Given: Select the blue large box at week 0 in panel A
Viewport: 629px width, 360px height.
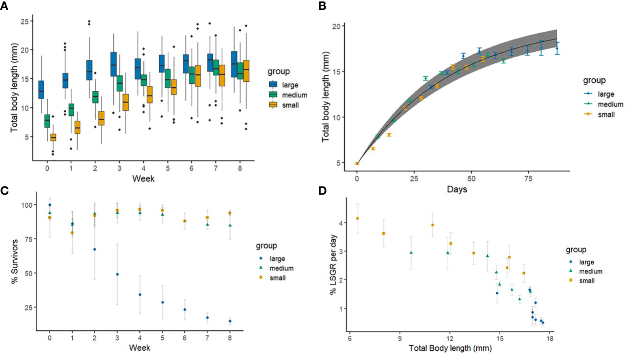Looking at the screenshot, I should [41, 89].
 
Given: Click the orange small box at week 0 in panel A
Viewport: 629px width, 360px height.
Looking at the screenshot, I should [53, 137].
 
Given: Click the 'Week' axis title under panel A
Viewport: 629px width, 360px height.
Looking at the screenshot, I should [143, 178].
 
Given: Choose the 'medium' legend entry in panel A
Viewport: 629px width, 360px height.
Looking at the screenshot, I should [294, 95].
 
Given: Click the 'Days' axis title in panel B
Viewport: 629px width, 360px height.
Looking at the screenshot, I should [457, 189].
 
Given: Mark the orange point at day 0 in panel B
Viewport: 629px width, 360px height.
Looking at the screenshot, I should [357, 163].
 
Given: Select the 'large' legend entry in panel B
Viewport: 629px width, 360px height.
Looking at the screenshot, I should [606, 94].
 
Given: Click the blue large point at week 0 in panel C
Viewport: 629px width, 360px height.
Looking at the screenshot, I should [50, 205].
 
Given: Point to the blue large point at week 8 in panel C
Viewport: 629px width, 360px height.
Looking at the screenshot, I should [230, 321].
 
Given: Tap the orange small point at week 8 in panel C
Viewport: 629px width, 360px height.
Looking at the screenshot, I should [230, 213].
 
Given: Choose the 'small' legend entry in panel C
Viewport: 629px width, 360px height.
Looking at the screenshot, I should [277, 278].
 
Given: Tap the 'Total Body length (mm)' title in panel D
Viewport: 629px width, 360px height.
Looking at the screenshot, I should [450, 348].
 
